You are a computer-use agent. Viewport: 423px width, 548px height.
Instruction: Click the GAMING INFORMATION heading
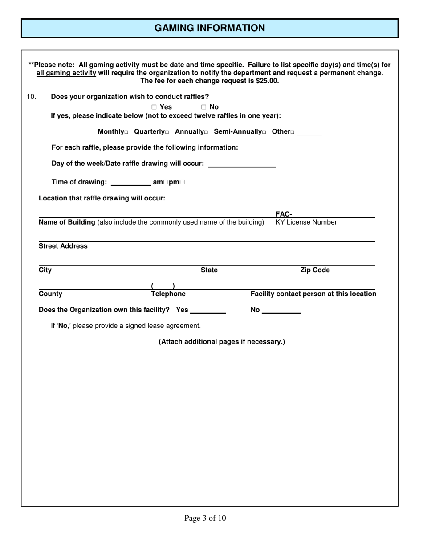210,28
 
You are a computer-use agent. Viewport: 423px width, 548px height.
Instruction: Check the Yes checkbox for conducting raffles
154,107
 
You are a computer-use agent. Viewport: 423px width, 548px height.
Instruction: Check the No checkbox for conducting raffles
204,107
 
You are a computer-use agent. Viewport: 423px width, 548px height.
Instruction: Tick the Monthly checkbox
126,132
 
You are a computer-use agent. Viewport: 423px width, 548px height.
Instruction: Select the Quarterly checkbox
167,132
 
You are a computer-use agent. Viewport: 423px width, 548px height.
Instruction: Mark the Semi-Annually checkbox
264,132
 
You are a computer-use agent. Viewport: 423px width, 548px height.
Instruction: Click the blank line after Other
309,132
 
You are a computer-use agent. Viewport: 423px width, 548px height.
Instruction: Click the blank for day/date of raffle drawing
242,164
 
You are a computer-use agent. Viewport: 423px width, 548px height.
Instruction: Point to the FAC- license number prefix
284,214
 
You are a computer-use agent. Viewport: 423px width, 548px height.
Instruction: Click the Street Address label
63,246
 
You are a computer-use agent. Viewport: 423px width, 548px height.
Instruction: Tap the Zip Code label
315,270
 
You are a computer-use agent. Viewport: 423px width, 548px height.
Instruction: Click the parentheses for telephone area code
163,286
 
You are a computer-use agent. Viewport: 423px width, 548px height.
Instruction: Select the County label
50,294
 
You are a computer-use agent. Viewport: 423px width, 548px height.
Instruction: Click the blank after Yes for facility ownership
208,311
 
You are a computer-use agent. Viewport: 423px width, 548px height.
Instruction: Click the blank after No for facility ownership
281,311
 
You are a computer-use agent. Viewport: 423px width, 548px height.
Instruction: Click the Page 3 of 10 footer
205,518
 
